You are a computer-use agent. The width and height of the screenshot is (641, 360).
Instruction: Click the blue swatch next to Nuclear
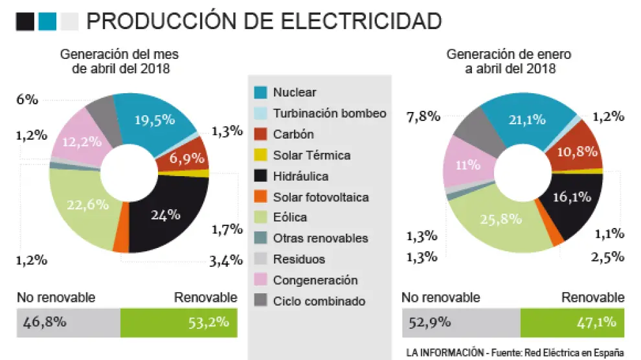coord(261,93)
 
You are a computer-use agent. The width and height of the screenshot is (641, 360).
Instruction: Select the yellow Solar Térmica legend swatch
coord(261,155)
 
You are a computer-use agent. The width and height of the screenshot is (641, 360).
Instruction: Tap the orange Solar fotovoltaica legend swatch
coord(261,197)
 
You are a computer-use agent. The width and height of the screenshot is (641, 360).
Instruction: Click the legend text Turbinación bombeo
coord(330,113)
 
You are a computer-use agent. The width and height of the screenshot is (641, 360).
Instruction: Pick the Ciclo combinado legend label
coord(319,301)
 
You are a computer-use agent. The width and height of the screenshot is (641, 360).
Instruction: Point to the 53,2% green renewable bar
coord(179,322)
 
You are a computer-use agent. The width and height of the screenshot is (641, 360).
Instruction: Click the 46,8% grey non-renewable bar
coord(69,322)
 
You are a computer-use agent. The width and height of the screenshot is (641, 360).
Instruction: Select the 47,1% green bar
coord(572,322)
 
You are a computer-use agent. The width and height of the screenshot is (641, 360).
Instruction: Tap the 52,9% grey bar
coord(461,322)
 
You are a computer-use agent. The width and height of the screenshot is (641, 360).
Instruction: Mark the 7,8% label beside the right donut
coord(423,117)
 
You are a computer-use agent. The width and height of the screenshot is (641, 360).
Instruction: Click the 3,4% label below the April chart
coord(227,261)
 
